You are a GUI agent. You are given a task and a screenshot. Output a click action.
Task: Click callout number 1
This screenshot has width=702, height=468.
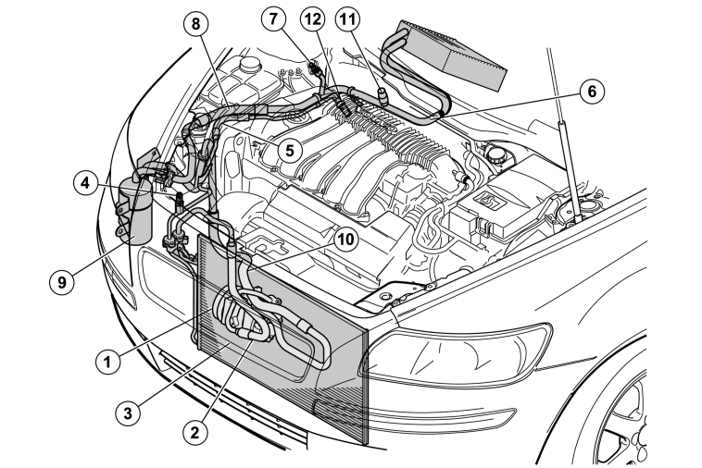click(107, 362)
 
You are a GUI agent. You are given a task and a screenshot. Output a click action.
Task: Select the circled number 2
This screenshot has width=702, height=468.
click(195, 432)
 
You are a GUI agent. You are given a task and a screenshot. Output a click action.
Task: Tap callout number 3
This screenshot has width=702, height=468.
click(128, 413)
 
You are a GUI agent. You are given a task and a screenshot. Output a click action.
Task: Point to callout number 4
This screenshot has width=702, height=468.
click(85, 183)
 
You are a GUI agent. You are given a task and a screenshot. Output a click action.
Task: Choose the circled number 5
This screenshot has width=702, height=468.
click(290, 150)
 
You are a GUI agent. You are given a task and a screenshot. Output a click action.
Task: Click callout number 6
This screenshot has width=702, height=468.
click(592, 92)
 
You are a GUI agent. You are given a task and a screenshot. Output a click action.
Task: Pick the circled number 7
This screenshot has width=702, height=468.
click(273, 19)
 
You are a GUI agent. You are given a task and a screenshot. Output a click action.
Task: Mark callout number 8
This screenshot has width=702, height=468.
click(196, 24)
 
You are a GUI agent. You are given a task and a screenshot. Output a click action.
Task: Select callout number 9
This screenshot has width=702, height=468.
click(61, 282)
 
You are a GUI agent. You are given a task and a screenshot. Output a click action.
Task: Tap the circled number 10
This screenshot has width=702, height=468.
click(345, 240)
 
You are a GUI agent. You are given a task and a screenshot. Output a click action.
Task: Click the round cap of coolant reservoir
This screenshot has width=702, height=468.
click(250, 65)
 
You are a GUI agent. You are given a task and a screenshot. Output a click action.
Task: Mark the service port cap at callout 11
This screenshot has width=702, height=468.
click(383, 94)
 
